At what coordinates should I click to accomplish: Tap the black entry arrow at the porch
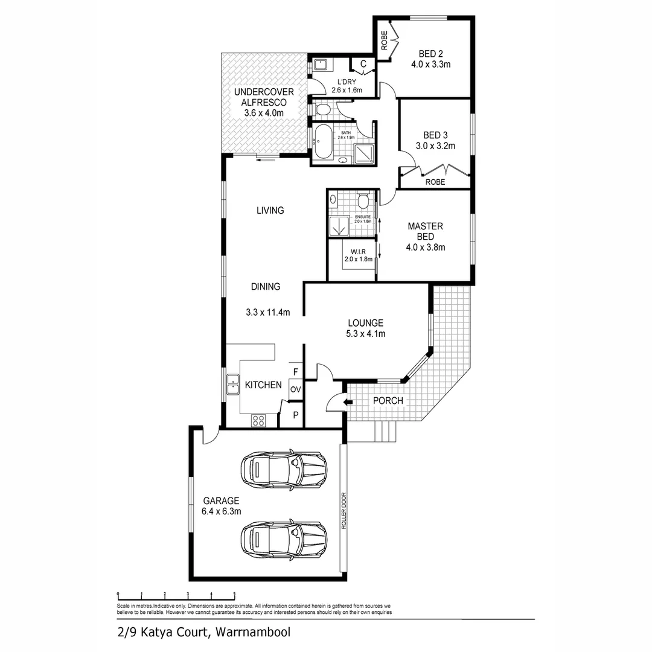(x=347, y=402)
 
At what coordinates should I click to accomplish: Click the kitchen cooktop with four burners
(x=258, y=420)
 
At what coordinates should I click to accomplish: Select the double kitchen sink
(x=232, y=385)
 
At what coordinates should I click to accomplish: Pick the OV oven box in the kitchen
(x=295, y=389)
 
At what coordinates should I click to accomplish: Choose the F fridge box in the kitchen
(x=295, y=372)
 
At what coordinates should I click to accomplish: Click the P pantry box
(x=295, y=415)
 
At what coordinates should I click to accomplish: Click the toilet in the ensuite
(x=363, y=200)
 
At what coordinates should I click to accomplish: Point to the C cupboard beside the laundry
(x=363, y=64)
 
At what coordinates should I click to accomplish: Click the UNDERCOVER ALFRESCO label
(x=264, y=101)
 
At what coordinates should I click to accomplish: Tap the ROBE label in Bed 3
(x=435, y=181)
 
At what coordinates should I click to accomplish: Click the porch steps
(x=385, y=432)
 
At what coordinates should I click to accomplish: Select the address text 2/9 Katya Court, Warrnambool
(x=205, y=633)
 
